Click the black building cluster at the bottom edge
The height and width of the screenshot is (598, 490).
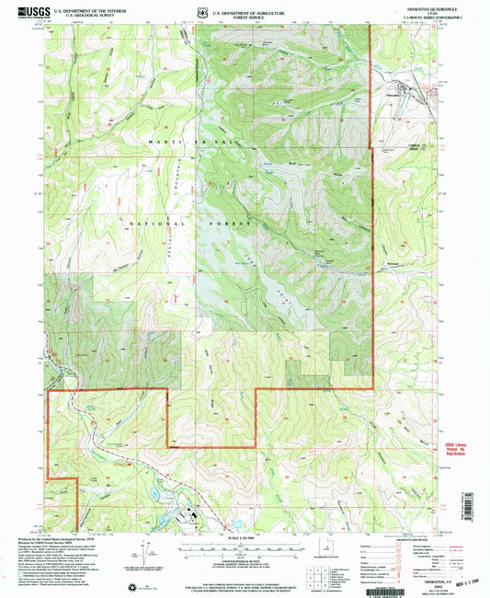(x=193, y=516)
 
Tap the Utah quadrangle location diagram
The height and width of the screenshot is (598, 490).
(x=325, y=558)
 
